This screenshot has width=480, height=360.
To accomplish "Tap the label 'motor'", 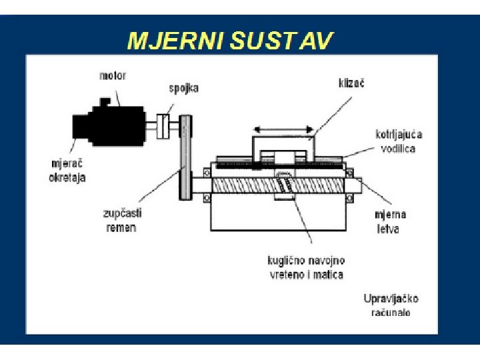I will (113, 75).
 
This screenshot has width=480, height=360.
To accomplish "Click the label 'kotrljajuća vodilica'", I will (398, 141).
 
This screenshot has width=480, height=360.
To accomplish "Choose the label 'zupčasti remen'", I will (122, 220).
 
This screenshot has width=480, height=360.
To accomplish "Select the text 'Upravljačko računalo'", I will (391, 305).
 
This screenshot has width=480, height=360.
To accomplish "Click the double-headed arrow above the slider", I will (285, 129).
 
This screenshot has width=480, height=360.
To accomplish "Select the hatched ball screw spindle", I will (247, 183).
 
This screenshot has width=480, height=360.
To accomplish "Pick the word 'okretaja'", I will (67, 178).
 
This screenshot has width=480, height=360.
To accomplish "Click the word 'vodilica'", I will (398, 148).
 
